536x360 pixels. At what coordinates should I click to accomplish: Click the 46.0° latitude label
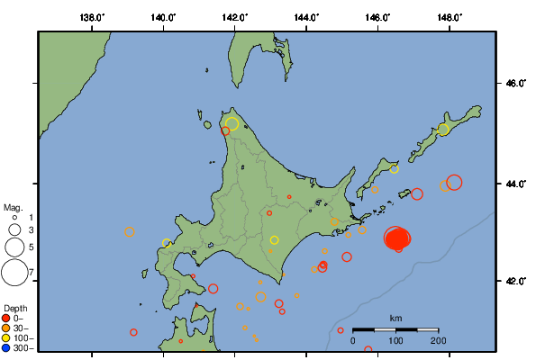coord(514,84)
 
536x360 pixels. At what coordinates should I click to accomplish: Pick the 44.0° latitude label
coord(514,183)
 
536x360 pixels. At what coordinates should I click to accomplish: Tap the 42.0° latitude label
coord(514,281)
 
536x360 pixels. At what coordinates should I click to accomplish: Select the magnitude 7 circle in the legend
coord(14,271)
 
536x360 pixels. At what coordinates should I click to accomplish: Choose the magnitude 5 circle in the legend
coord(14,246)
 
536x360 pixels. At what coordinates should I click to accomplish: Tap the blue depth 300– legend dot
coord(8,347)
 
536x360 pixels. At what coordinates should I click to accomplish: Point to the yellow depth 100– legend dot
coord(8,337)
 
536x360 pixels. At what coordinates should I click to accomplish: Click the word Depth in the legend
coord(14,308)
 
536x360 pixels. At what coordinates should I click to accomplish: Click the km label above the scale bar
coord(395,319)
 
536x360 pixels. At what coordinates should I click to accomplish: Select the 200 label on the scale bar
coord(439,340)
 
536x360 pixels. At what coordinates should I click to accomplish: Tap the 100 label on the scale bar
coord(395,340)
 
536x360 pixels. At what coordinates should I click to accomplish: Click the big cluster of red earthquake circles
coord(397,238)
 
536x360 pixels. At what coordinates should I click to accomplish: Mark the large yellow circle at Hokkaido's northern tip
coord(232,124)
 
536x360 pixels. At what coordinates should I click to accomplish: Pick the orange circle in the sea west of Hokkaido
coord(130,232)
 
